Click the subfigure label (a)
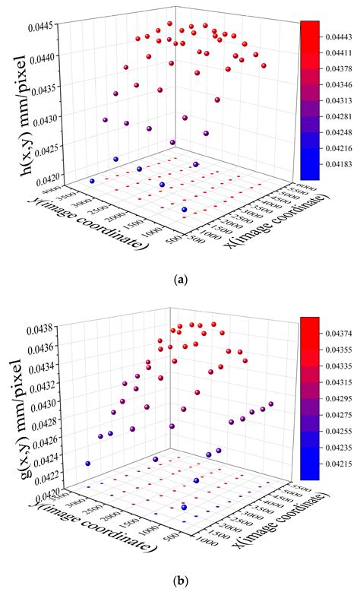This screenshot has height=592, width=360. [x=180, y=280]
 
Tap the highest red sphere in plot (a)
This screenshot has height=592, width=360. [x=170, y=24]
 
